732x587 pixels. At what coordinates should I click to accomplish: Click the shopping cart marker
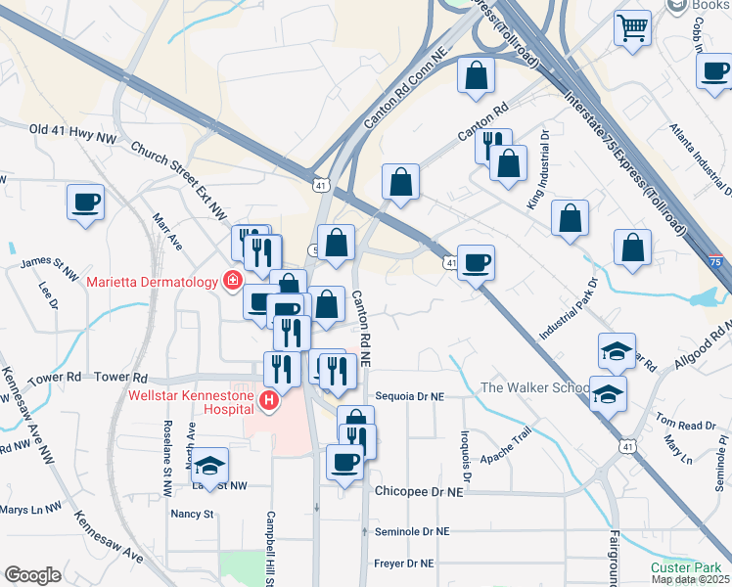(633, 26)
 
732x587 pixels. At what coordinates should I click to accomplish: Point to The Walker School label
(533, 388)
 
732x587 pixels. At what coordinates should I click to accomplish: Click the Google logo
(32, 575)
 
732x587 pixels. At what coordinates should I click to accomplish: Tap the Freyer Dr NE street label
(404, 563)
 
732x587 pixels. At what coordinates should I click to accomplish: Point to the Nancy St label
(192, 513)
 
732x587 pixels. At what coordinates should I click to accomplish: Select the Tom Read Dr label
(686, 424)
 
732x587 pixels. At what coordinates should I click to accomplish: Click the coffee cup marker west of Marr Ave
(86, 202)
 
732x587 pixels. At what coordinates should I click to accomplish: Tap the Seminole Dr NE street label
(412, 531)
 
